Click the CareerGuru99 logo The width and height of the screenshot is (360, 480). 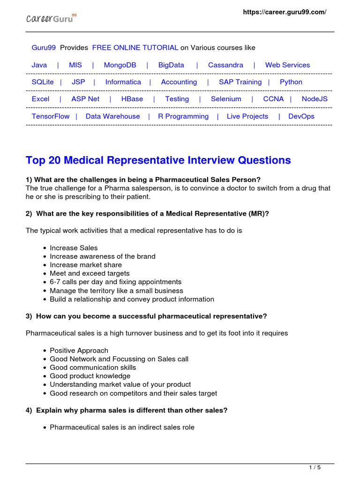pyautogui.click(x=51, y=18)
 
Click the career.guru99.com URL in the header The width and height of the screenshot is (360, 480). pyautogui.click(x=284, y=12)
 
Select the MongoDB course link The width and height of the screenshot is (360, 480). pyautogui.click(x=120, y=65)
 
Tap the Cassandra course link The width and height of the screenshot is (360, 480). pyautogui.click(x=225, y=65)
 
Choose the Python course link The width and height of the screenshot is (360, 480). pyautogui.click(x=291, y=82)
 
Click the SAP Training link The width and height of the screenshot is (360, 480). pyautogui.click(x=240, y=82)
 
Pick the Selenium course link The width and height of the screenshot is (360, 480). pyautogui.click(x=226, y=99)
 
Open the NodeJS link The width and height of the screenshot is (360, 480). pyautogui.click(x=315, y=99)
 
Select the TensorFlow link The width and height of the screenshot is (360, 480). pyautogui.click(x=50, y=116)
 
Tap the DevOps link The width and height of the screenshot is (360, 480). pyautogui.click(x=301, y=116)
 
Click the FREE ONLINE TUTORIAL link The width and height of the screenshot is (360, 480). pyautogui.click(x=135, y=48)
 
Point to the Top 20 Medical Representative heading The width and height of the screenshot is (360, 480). pyautogui.click(x=158, y=160)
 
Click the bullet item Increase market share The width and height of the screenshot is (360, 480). pyautogui.click(x=85, y=265)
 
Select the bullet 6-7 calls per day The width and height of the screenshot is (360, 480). pyautogui.click(x=115, y=282)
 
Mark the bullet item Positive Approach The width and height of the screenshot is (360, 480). pyautogui.click(x=79, y=350)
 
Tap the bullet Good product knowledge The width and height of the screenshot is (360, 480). pyautogui.click(x=90, y=376)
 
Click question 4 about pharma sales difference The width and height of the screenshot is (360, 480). pyautogui.click(x=127, y=410)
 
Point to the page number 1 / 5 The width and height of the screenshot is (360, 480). pyautogui.click(x=315, y=467)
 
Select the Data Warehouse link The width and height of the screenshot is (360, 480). pyautogui.click(x=112, y=116)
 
